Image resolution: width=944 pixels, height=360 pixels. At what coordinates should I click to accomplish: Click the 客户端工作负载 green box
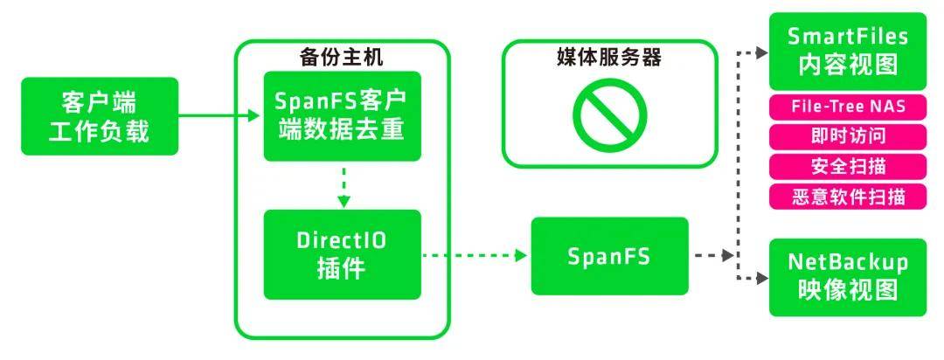coord(100,116)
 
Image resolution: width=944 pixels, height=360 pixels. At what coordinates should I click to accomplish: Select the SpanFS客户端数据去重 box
coord(343,116)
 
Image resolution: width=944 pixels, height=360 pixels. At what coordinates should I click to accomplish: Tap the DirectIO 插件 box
coord(343,254)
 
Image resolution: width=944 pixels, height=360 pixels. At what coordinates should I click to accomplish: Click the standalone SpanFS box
coord(609,256)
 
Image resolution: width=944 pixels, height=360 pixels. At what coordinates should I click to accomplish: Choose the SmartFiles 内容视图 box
coord(847,51)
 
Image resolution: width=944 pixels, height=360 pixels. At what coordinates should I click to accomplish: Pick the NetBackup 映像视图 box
coord(847,277)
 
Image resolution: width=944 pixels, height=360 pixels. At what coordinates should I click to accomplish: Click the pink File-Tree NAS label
coord(847,107)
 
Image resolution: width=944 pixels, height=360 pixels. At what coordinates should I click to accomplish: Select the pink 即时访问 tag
coord(847,136)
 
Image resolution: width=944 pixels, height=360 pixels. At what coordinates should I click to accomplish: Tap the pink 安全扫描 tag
coord(847,166)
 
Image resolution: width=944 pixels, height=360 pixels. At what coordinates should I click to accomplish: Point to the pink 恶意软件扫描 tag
coord(847,196)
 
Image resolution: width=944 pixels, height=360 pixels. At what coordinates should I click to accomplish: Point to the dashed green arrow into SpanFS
coord(476,256)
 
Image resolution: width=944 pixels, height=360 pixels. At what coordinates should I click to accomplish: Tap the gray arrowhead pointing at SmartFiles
coord(761,52)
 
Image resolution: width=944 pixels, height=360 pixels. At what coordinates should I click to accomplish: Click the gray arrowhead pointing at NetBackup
coord(761,278)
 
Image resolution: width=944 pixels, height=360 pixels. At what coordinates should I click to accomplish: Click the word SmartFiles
coord(847,37)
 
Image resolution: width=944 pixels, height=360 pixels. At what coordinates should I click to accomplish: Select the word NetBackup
coord(847,263)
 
